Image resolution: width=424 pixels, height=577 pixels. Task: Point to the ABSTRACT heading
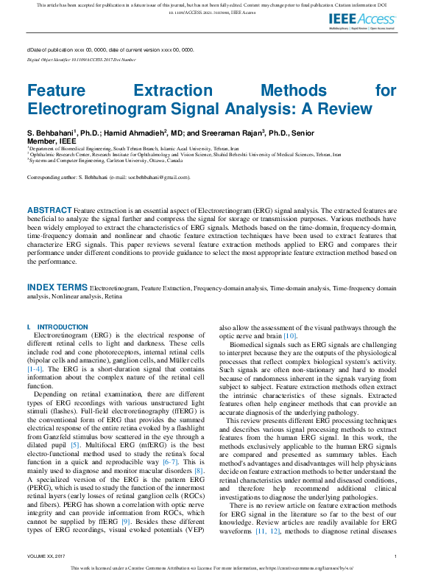point(50,211)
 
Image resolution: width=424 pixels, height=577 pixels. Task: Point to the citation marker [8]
point(198,470)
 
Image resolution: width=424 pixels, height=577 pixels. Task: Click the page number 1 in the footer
point(395,556)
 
